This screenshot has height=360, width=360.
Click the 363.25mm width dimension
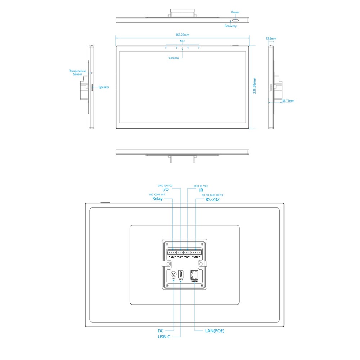coord(182,35)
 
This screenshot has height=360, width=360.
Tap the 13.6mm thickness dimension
coord(271,38)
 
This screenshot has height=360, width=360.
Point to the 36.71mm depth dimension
coord(288,101)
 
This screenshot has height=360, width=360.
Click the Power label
coord(235,12)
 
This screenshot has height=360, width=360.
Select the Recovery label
coord(230,26)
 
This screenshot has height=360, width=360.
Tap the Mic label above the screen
coord(182,41)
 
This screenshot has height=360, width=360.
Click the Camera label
coord(174,58)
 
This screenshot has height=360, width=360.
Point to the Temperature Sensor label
coord(77,73)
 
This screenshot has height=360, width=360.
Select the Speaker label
coord(104,87)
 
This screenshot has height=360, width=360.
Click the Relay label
coord(157,198)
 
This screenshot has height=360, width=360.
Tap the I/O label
coord(166,189)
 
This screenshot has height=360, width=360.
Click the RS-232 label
coord(212,199)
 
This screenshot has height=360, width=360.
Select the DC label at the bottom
coord(161,330)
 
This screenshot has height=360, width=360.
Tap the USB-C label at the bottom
coord(164,337)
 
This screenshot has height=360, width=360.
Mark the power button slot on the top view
coord(234,21)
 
